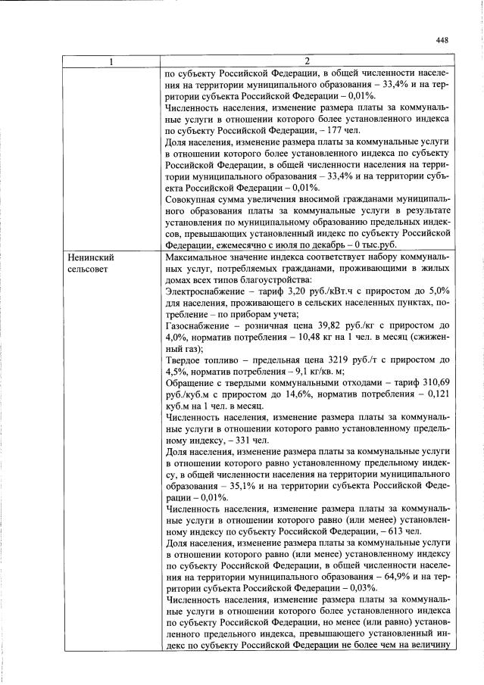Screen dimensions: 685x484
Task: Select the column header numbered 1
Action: pyautogui.click(x=111, y=61)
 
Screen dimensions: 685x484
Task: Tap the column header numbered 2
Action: pyautogui.click(x=306, y=61)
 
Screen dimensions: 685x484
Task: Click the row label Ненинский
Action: pyautogui.click(x=90, y=257)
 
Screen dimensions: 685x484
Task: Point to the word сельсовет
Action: pyautogui.click(x=88, y=269)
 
